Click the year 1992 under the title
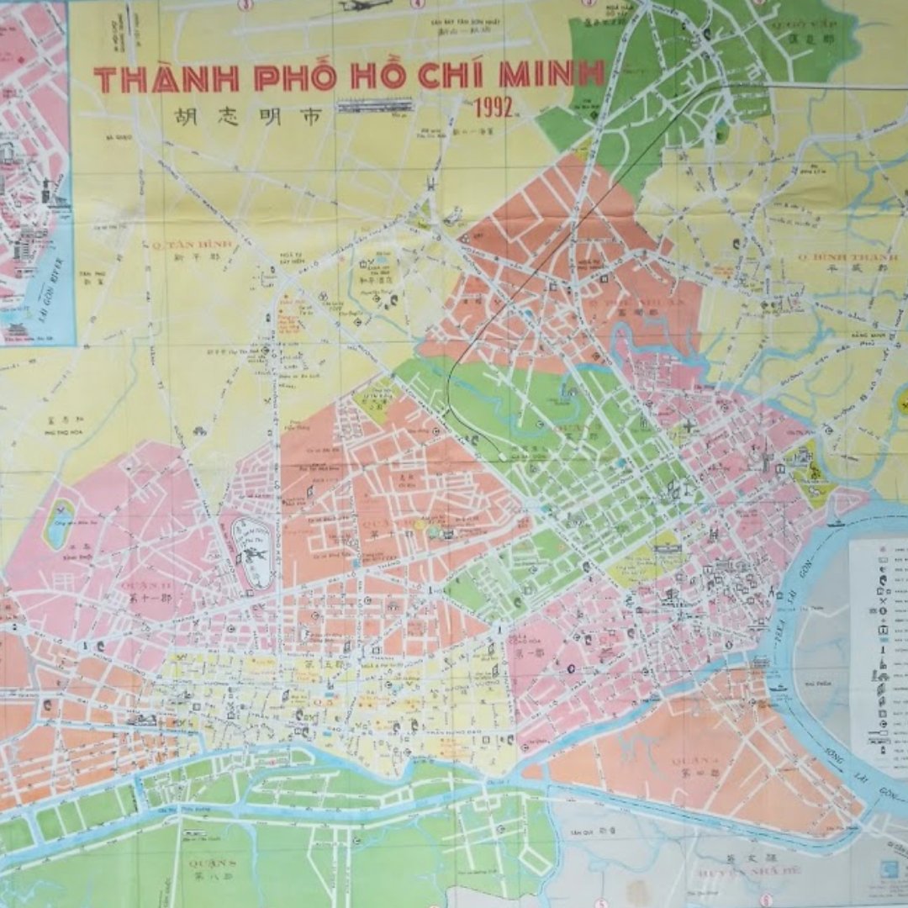click(x=496, y=108)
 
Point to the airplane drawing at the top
click(x=363, y=6)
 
